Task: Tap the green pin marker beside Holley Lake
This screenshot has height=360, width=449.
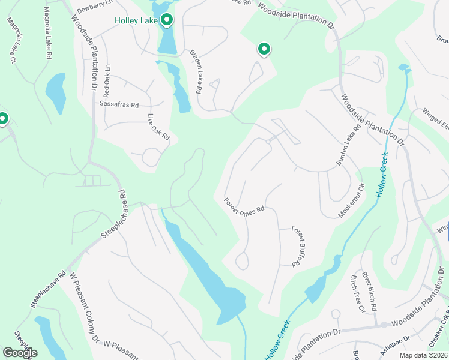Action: click(x=167, y=20)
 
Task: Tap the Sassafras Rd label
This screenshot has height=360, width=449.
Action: click(x=119, y=104)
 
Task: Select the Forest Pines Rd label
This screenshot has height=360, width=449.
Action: click(x=244, y=207)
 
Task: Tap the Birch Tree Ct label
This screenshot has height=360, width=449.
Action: click(x=357, y=294)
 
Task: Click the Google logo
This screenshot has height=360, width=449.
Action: click(x=20, y=353)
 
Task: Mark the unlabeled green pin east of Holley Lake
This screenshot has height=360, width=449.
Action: click(x=264, y=49)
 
